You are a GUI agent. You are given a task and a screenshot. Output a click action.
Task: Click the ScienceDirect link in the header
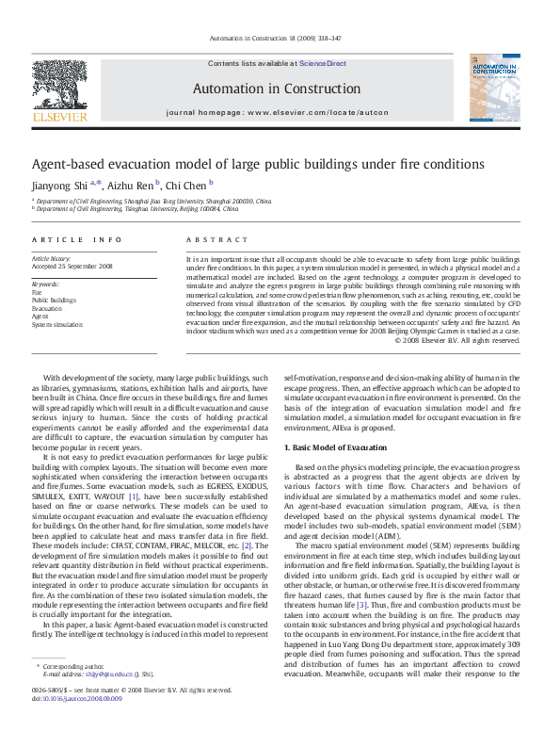pos(322,64)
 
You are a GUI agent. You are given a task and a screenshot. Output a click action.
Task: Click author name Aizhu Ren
pos(129,185)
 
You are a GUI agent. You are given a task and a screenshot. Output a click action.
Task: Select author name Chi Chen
pos(186,185)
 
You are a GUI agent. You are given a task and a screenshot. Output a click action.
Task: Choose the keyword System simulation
pos(57,324)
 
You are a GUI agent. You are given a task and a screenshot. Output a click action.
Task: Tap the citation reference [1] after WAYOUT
pos(134,496)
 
